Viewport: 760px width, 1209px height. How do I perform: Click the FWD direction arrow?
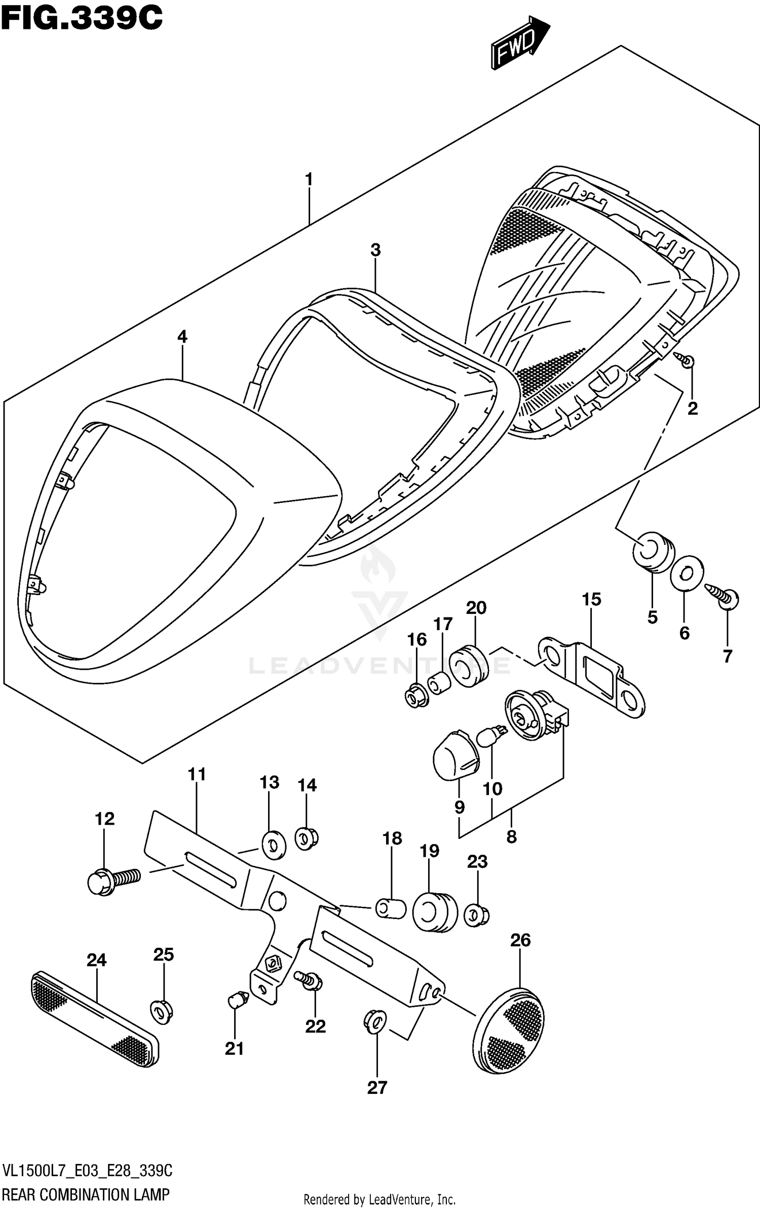519,45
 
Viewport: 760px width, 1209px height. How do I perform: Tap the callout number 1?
309,179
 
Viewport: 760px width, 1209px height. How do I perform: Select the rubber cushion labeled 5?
653,552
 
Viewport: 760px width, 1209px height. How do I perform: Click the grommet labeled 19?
435,912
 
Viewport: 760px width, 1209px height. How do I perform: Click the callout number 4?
182,336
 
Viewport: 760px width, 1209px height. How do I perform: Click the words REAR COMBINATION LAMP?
86,1194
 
